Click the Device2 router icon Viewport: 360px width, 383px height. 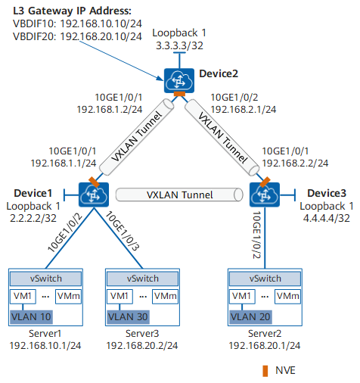point(179,80)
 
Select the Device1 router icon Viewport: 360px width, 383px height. point(94,195)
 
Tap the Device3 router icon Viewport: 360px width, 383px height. point(265,195)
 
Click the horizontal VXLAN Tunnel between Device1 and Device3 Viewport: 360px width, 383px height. point(179,195)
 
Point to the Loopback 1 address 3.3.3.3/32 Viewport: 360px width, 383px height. point(179,45)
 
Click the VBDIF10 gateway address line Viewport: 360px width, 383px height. point(77,23)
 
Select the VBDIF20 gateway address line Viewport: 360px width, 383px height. point(77,36)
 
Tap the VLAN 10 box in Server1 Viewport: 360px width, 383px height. point(31,317)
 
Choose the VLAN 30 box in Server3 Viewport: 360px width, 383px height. point(128,317)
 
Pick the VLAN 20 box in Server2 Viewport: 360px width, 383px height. point(250,317)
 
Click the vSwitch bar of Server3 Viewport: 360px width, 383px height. point(142,279)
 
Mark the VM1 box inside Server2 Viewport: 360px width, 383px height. point(242,297)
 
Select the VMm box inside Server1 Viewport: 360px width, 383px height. point(69,297)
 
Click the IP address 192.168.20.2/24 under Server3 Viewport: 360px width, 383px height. point(142,346)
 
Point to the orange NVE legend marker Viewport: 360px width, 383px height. point(265,371)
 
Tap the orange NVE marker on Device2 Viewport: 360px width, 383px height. point(179,94)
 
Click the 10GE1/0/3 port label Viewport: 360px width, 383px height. point(122,231)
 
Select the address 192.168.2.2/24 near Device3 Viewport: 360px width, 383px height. point(295,163)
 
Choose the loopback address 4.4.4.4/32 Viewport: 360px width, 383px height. point(327,218)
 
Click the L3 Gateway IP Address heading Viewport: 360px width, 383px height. point(72,11)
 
